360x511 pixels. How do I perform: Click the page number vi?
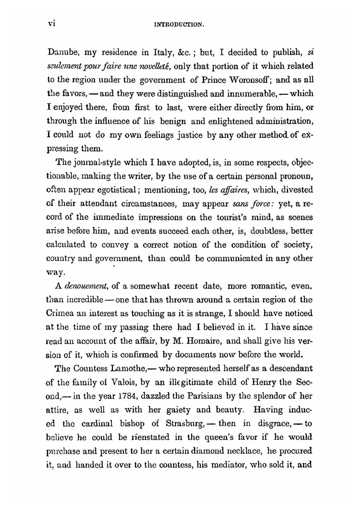tap(51, 24)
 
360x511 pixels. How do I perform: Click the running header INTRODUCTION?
tap(179, 25)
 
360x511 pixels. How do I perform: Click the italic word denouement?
tap(87, 286)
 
